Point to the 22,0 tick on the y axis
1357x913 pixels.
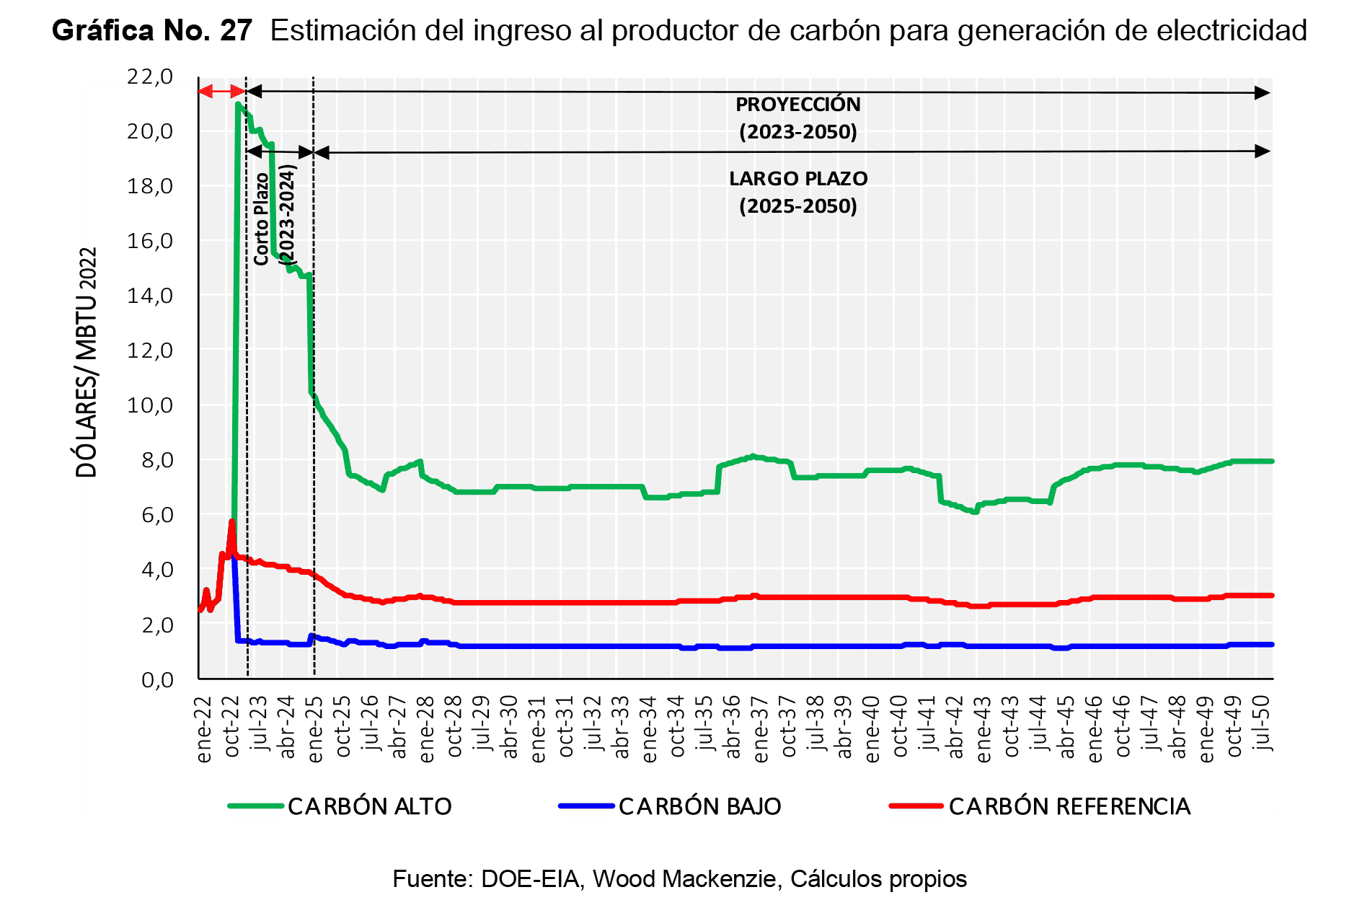click(x=150, y=76)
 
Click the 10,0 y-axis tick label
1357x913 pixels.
click(x=150, y=405)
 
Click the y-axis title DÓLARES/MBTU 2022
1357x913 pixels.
click(x=87, y=362)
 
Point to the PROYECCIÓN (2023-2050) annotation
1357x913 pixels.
click(x=797, y=118)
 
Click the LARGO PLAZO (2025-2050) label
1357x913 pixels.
click(x=797, y=193)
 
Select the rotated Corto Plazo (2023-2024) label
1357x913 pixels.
click(x=275, y=214)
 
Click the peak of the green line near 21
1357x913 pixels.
click(x=238, y=105)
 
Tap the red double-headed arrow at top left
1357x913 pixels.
click(x=221, y=91)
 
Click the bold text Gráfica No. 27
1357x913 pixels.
click(x=152, y=30)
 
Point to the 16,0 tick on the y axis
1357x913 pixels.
click(x=150, y=241)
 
